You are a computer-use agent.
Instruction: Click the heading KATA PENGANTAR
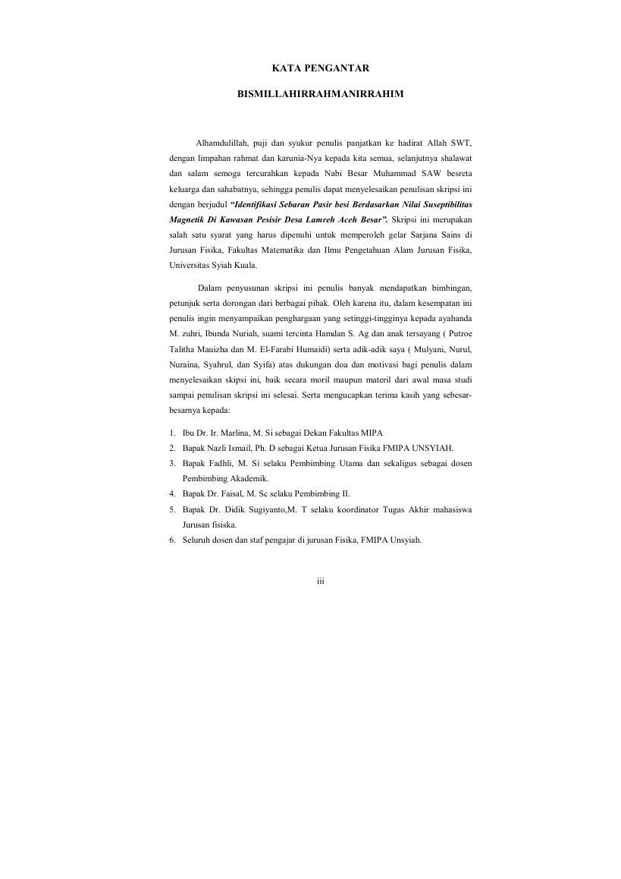click(x=320, y=68)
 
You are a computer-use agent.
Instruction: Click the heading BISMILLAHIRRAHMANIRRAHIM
click(x=320, y=96)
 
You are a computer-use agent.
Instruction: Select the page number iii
click(x=320, y=581)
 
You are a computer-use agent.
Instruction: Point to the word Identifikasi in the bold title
click(x=254, y=205)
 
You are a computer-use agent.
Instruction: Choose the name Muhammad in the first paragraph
click(x=396, y=174)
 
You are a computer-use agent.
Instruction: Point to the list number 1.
click(x=172, y=433)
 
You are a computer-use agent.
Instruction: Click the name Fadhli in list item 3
click(x=220, y=463)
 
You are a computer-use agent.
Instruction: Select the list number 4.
click(x=172, y=493)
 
